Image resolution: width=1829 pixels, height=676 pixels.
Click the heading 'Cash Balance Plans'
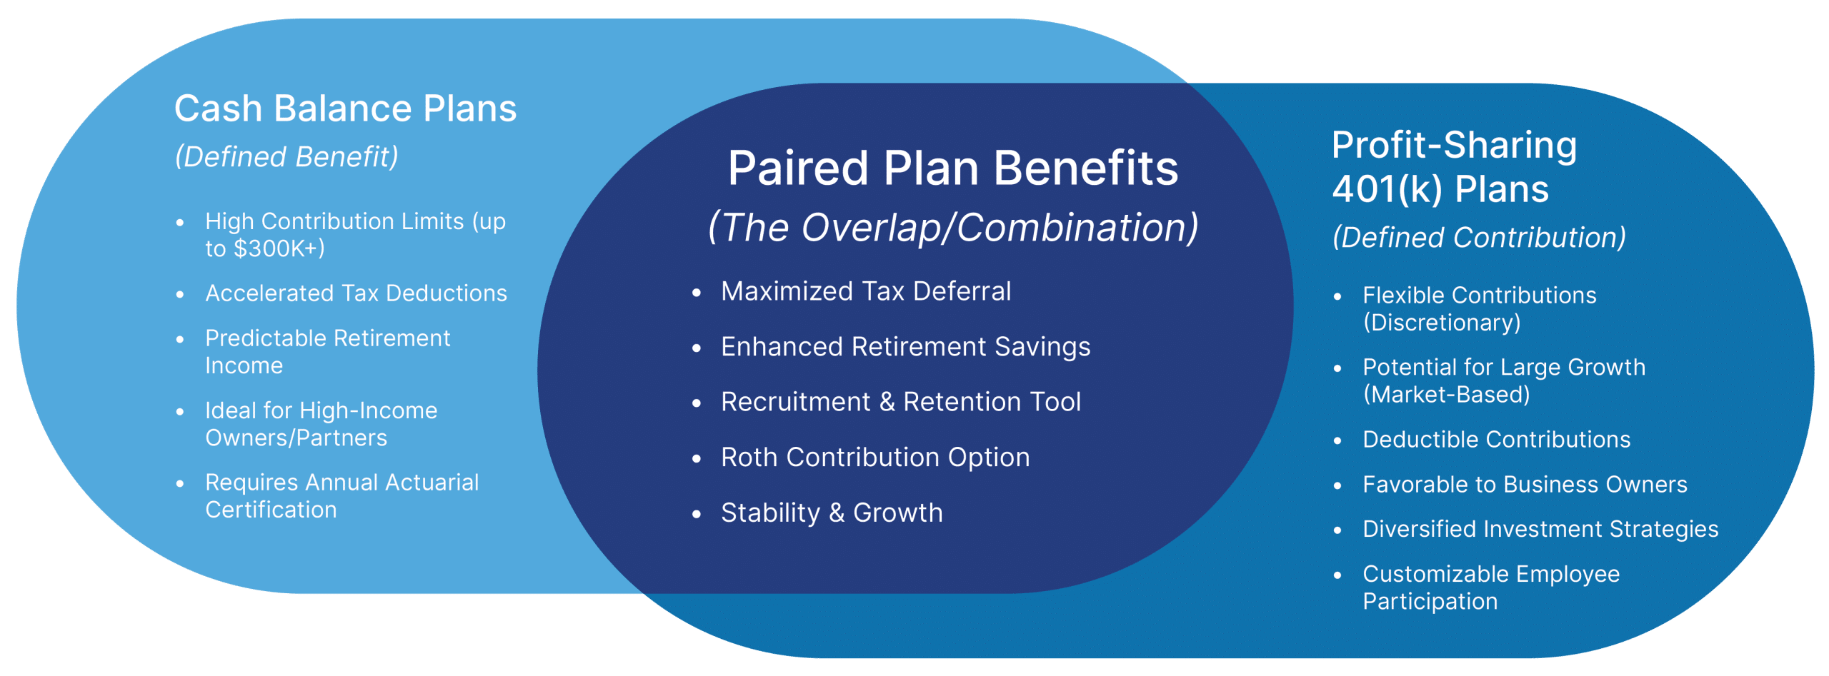pyautogui.click(x=345, y=109)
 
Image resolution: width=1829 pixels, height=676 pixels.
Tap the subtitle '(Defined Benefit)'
pyautogui.click(x=286, y=157)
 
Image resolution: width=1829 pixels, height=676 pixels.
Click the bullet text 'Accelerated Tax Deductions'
pyautogui.click(x=356, y=293)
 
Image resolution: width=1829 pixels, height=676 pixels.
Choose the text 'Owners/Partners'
pyautogui.click(x=296, y=438)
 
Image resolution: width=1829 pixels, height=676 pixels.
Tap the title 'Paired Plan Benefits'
pyautogui.click(x=953, y=168)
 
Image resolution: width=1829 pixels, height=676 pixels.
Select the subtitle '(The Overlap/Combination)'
pyautogui.click(x=953, y=228)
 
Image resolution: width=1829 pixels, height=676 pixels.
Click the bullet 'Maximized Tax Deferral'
pyautogui.click(x=866, y=291)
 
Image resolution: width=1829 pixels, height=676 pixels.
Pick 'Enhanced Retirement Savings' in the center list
pyautogui.click(x=906, y=347)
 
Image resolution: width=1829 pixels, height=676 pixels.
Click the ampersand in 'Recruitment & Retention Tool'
pyautogui.click(x=887, y=402)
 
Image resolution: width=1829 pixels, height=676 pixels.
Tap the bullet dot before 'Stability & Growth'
pyautogui.click(x=697, y=514)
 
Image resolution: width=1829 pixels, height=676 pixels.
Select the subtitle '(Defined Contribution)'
pyautogui.click(x=1479, y=238)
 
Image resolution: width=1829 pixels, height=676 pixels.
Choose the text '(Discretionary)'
pyautogui.click(x=1442, y=323)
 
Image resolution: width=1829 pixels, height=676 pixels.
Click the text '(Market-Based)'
pyautogui.click(x=1447, y=395)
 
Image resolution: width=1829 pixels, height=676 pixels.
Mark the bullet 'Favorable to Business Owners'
pyautogui.click(x=1525, y=485)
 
